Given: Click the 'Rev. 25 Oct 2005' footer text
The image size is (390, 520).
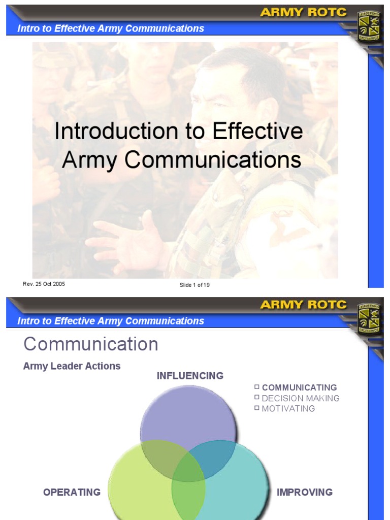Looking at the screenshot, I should point(44,284).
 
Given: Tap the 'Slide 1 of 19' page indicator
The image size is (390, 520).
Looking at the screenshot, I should point(194,285).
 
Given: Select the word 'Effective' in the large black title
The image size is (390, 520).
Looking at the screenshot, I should point(257,132).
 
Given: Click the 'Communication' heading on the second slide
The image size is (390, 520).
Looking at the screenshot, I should point(91,344).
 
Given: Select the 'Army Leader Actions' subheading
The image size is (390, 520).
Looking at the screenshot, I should point(72,366).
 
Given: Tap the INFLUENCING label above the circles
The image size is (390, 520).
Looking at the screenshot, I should point(190,376).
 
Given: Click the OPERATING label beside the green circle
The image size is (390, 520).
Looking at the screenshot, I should point(72,492).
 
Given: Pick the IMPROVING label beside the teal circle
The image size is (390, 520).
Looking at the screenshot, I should point(305,492).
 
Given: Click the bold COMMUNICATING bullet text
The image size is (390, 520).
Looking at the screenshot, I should point(300,388).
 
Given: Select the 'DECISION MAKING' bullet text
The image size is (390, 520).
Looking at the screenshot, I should point(301,399).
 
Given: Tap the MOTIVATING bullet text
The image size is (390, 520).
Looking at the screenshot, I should point(288,409).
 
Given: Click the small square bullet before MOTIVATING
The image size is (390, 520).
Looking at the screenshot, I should point(257,408).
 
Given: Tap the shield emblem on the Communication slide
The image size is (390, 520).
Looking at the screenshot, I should point(369,319).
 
